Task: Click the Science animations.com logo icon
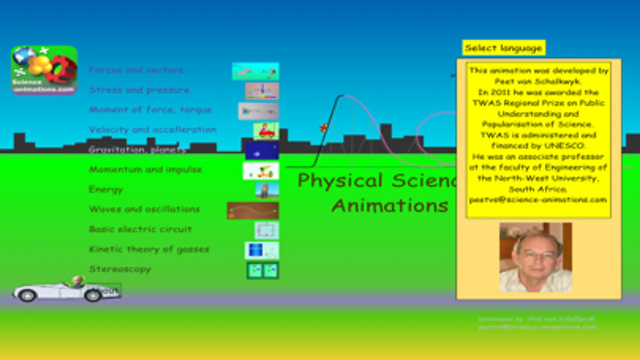[x=44, y=70]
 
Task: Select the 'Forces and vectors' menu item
[x=136, y=70]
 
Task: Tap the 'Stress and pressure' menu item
[x=139, y=90]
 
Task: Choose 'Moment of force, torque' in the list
[x=150, y=110]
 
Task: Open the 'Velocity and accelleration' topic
[x=152, y=130]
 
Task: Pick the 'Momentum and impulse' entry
[x=145, y=169]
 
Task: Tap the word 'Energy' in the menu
[x=106, y=189]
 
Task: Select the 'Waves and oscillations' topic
[x=144, y=209]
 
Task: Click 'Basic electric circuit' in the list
[x=140, y=229]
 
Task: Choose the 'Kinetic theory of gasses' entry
[x=149, y=249]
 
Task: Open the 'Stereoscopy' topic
[x=120, y=269]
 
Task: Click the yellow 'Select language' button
[x=504, y=48]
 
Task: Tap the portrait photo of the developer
[x=536, y=257]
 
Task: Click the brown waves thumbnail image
[x=253, y=211]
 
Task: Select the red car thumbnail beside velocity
[x=266, y=131]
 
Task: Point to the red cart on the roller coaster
[x=323, y=128]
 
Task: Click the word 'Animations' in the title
[x=389, y=206]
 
